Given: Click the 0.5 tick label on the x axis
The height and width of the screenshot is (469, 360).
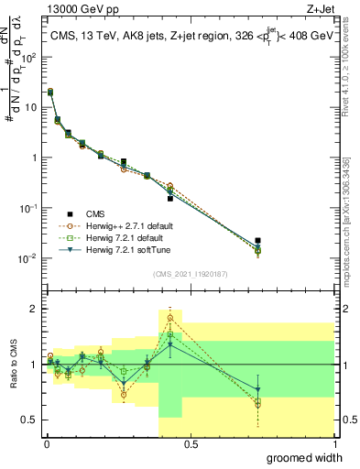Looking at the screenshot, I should pyautogui.click(x=190, y=443).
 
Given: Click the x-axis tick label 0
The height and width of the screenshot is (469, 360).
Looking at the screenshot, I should pyautogui.click(x=47, y=443).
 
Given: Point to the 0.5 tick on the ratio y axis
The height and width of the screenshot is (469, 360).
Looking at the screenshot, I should pyautogui.click(x=28, y=420).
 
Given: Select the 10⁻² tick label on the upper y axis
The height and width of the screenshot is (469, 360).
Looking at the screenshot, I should pyautogui.click(x=27, y=257).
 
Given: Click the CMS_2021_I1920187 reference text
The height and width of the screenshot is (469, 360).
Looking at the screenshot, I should pyautogui.click(x=189, y=273).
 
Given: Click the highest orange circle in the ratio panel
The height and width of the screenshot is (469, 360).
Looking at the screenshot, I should pyautogui.click(x=170, y=318).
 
